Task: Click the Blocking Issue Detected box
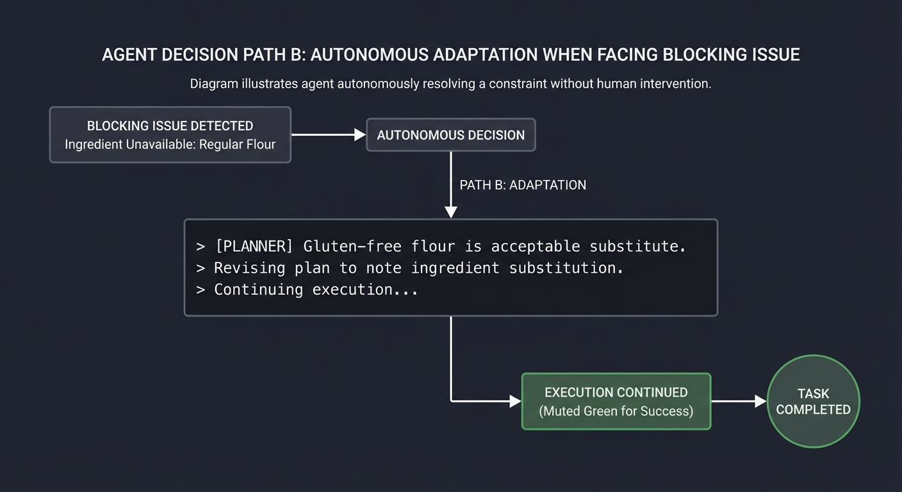[170, 135]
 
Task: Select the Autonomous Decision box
[450, 135]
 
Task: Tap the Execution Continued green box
[616, 401]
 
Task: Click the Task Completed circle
[813, 401]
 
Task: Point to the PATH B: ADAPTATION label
[523, 185]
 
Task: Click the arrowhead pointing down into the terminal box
[451, 212]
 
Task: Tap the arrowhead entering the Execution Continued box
[515, 401]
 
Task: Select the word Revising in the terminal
[249, 268]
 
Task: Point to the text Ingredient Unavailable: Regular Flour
[170, 144]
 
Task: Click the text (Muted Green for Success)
[616, 411]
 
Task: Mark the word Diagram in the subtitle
[213, 84]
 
